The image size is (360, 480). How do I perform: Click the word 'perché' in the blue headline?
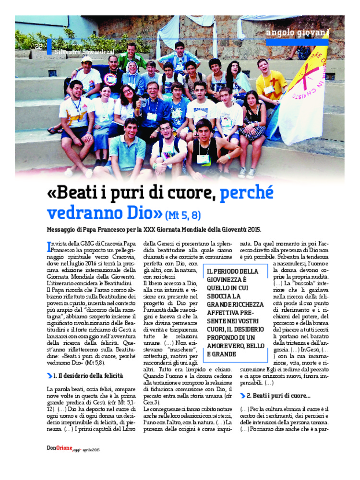pyautogui.click(x=246, y=193)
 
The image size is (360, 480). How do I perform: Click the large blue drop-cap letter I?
pyautogui.click(x=48, y=246)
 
